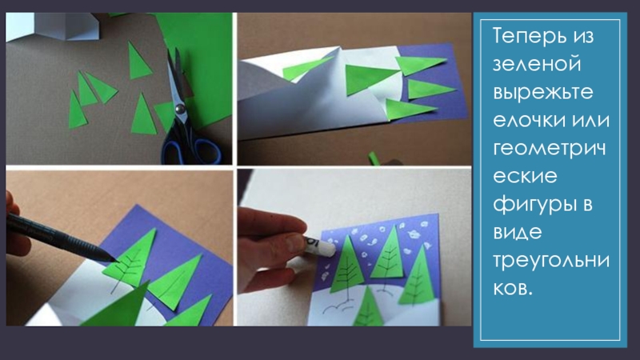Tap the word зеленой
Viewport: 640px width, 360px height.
[x=537, y=64]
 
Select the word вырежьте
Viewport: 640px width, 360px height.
[x=543, y=93]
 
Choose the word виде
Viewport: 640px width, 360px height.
[x=518, y=233]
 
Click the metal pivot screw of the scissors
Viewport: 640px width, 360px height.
[x=179, y=109]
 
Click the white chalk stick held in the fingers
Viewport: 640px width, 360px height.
[x=318, y=246]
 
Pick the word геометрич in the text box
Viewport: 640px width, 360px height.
[x=549, y=149]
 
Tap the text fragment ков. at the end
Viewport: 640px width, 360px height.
[x=513, y=289]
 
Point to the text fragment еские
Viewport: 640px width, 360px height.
[x=525, y=176]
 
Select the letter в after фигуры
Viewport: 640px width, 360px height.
[x=586, y=204]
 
